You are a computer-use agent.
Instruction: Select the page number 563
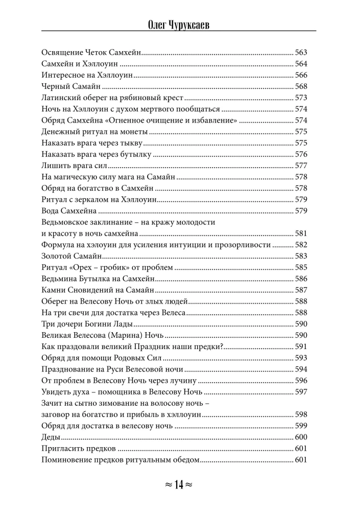click(301, 52)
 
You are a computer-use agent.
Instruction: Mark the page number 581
click(301, 234)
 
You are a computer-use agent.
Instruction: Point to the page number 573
click(301, 97)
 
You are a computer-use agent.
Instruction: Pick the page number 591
click(301, 346)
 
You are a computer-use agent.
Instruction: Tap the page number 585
click(301, 267)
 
